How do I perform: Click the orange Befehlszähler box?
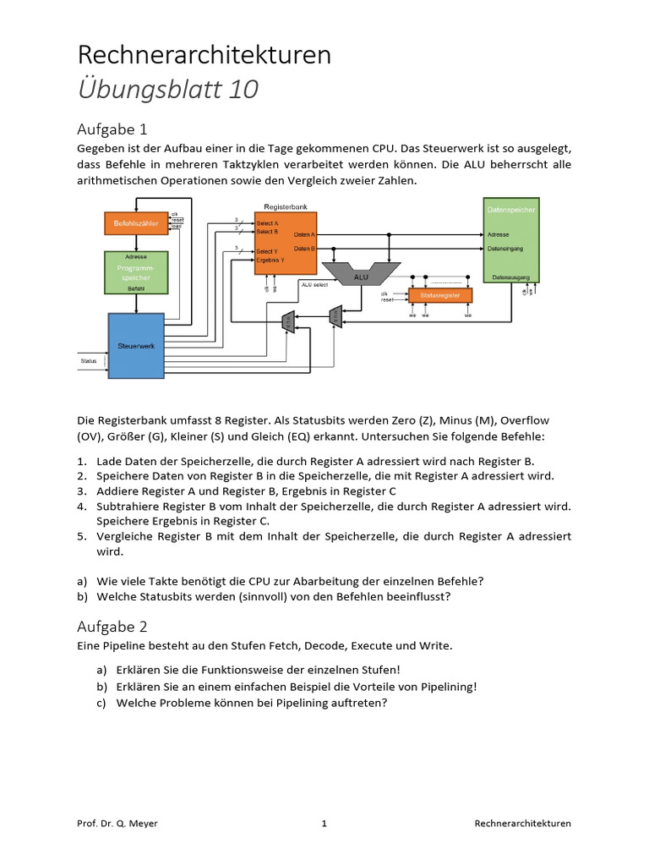(135, 224)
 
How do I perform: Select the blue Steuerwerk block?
(135, 345)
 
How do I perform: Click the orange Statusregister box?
(440, 296)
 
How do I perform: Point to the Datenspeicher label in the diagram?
(510, 209)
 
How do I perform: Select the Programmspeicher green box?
(135, 271)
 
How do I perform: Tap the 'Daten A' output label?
(304, 234)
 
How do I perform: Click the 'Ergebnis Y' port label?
(271, 260)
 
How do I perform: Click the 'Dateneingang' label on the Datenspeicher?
(507, 249)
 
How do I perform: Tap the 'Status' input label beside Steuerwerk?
(89, 361)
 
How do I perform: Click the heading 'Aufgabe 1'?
(112, 129)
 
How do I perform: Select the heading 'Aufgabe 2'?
(112, 627)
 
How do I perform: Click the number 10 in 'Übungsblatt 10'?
(243, 89)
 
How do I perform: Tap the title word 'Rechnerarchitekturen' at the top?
(205, 55)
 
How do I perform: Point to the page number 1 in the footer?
(324, 823)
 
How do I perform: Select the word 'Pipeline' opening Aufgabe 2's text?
(124, 645)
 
